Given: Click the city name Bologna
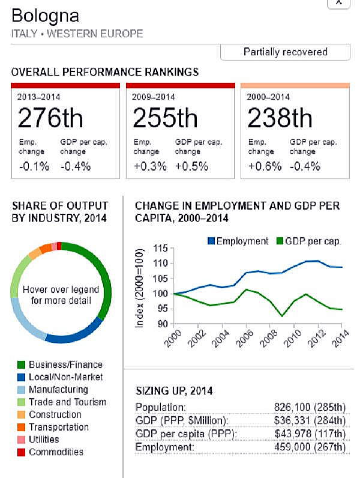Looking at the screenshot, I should coord(45,16).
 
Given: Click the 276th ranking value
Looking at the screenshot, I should coord(50,118).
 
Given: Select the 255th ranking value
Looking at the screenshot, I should coord(166,118).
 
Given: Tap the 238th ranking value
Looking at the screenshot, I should coord(280,118).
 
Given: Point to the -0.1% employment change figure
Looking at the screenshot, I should coord(34,166).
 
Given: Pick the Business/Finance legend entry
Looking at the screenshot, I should coord(65,365).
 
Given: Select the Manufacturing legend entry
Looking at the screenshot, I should coord(58,390).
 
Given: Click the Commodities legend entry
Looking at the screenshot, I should coord(56,452).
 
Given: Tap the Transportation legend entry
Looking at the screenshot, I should coord(59,427).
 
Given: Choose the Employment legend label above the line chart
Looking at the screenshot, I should coord(242,241).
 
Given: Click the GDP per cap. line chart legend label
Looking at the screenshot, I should coord(313,241).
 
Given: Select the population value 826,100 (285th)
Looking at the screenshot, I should coord(310,407).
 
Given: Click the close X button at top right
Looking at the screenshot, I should coord(338,2).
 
